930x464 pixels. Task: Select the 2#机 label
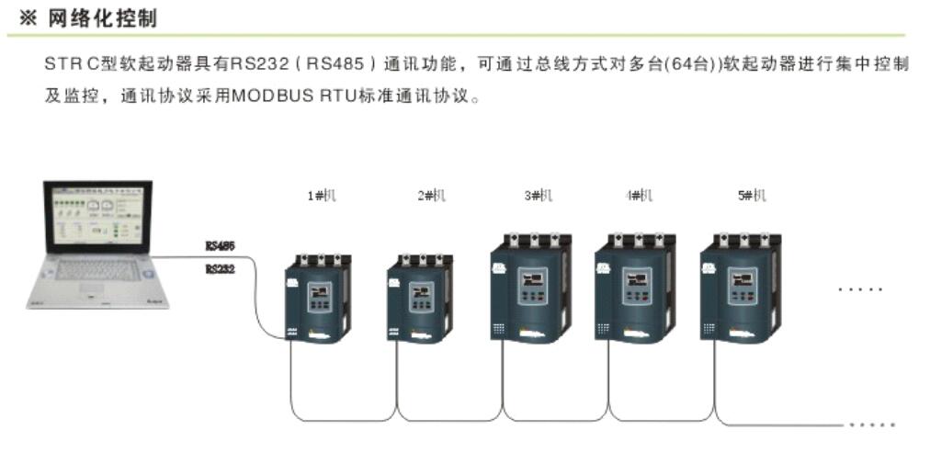(x=431, y=196)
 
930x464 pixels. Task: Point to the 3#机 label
(x=539, y=196)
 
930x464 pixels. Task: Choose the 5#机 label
(x=750, y=196)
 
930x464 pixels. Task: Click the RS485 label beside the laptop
(x=220, y=246)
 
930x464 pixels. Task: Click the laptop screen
(x=96, y=217)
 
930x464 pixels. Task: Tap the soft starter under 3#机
(x=530, y=287)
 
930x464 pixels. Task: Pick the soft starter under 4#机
(x=635, y=287)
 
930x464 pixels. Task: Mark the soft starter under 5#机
(x=740, y=287)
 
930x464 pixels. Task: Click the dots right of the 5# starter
(x=860, y=289)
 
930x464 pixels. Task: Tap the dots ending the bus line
(x=872, y=424)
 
